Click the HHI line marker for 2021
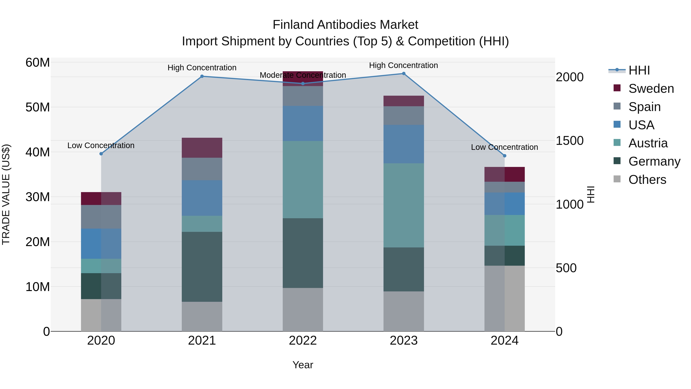pyautogui.click(x=202, y=76)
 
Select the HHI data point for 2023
pyautogui.click(x=403, y=74)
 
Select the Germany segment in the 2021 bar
pyautogui.click(x=202, y=267)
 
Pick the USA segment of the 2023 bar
pyautogui.click(x=403, y=144)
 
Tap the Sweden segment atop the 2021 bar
pyautogui.click(x=202, y=148)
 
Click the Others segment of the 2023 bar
pyautogui.click(x=403, y=311)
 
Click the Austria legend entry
pyautogui.click(x=648, y=143)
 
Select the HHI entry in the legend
pyautogui.click(x=639, y=70)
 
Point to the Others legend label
pyautogui.click(x=647, y=180)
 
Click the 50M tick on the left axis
pyautogui.click(x=38, y=107)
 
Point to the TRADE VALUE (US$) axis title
pyautogui.click(x=6, y=194)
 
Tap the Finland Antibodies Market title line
pyautogui.click(x=345, y=25)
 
